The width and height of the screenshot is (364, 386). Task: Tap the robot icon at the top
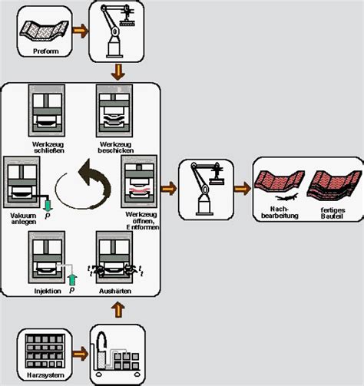point(117,31)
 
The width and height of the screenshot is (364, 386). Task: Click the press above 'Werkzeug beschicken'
point(117,112)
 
